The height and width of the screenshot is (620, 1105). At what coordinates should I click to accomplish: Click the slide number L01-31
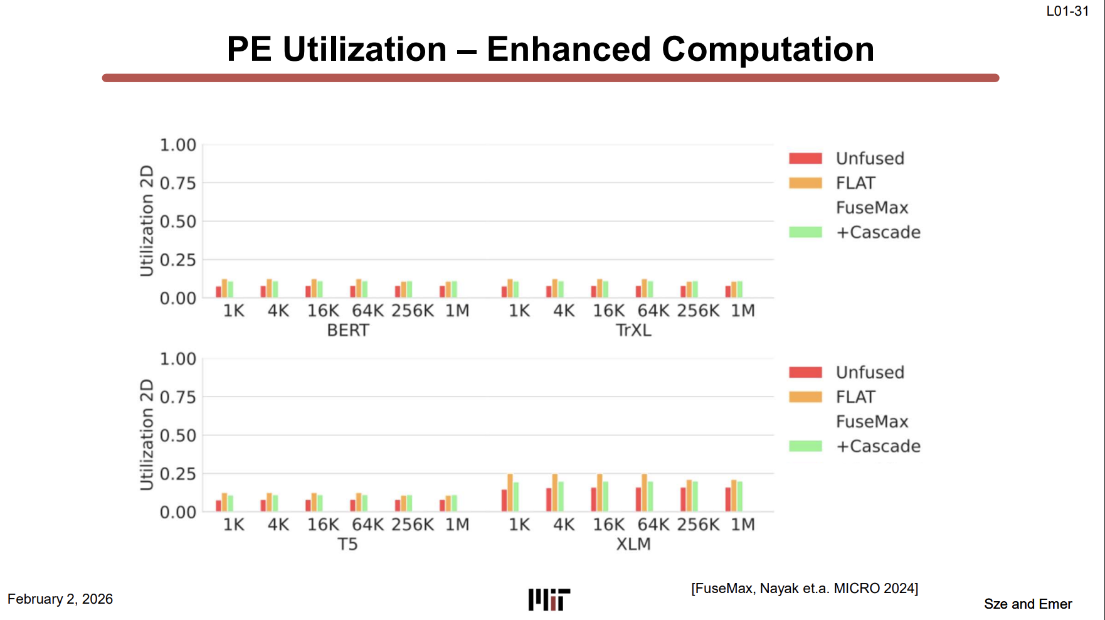point(1067,11)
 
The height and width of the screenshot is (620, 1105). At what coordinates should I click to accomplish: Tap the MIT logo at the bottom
point(549,600)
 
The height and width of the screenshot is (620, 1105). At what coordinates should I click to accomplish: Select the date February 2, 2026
point(60,599)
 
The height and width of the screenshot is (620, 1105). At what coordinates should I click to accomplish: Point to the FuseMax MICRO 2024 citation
point(805,589)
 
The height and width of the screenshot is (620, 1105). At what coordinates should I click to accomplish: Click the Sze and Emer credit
point(1028,604)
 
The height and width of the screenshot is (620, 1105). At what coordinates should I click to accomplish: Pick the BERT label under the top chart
point(348,330)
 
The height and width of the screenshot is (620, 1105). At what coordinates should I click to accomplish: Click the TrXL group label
point(633,330)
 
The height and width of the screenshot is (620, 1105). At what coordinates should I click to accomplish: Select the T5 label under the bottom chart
point(348,544)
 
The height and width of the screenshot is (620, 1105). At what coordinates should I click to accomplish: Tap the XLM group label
point(633,544)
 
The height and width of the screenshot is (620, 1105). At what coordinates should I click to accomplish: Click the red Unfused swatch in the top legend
point(805,158)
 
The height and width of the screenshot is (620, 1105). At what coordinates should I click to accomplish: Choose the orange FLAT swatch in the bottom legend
point(805,397)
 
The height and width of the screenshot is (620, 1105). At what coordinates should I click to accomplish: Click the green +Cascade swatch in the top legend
point(805,232)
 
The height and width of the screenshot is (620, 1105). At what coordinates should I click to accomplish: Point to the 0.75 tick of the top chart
point(178,183)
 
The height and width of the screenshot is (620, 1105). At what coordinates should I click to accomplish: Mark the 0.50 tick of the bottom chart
point(178,436)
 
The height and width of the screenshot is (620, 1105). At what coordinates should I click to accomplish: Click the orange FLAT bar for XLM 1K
point(510,493)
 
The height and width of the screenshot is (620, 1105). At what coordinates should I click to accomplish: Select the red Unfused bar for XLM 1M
point(728,500)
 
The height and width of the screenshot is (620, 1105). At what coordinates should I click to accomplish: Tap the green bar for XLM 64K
point(650,496)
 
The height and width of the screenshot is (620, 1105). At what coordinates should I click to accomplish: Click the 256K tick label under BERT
point(413,311)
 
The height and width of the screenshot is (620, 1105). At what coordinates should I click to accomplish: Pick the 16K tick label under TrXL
point(609,311)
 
